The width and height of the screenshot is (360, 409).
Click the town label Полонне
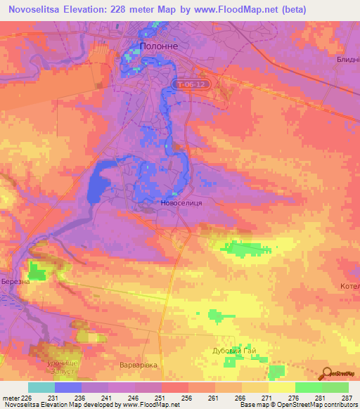154,46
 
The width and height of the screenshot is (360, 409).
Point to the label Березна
14,281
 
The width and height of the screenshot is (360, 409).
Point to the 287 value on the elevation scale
347,398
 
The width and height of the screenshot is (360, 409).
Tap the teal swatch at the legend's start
41,387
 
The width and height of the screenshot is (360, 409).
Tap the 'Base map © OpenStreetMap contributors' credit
297,405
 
